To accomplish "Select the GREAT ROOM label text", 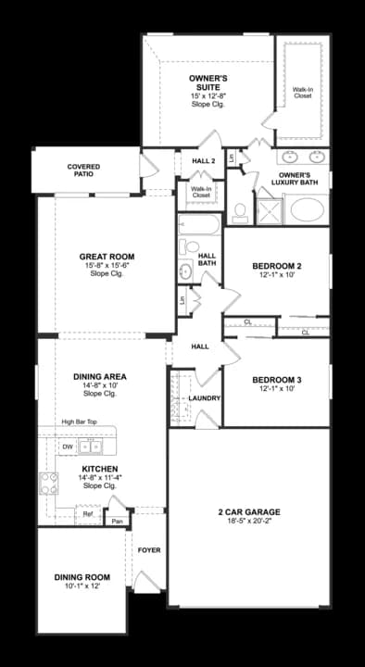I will (107, 257).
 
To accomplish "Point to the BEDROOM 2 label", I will (278, 267).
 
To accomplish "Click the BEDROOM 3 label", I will (278, 381).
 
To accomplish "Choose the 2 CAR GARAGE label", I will (248, 512).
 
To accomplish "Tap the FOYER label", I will (149, 550).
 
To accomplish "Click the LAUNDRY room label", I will (203, 398).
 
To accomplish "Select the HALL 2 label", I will (203, 161).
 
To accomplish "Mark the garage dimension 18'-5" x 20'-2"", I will (248, 523).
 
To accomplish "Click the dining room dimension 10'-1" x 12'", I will (82, 585).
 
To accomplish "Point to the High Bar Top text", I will (80, 422).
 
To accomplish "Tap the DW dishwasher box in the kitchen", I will (67, 447).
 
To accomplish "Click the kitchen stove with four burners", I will (48, 482).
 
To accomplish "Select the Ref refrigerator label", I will (87, 512).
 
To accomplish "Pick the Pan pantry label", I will (117, 521).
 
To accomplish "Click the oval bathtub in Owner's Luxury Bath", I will (308, 209).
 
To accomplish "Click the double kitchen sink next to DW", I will (91, 447).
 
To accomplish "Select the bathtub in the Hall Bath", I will (198, 225).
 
